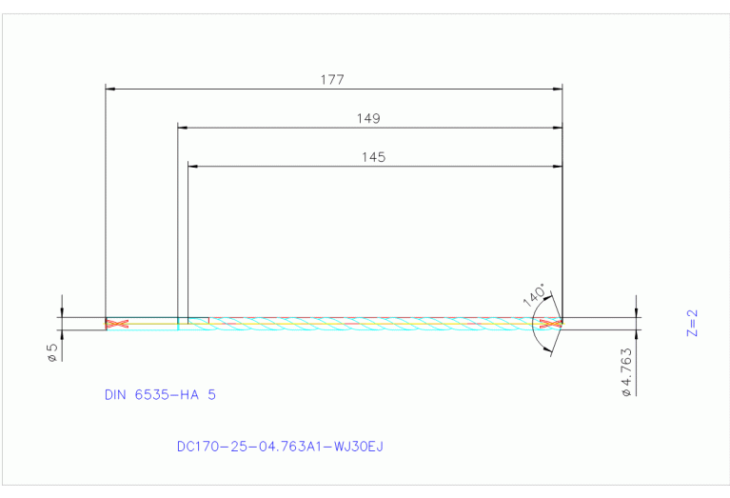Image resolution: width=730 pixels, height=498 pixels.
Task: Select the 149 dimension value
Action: click(x=368, y=119)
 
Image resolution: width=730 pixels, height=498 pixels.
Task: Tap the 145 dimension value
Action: click(x=373, y=157)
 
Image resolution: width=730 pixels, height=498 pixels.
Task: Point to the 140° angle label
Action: click(x=534, y=294)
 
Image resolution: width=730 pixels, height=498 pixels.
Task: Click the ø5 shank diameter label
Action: click(x=52, y=351)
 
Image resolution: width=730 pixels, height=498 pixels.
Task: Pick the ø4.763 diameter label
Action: click(x=626, y=374)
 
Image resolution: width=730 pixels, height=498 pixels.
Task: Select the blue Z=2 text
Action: click(x=693, y=323)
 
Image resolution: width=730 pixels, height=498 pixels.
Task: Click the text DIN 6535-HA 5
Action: click(x=160, y=394)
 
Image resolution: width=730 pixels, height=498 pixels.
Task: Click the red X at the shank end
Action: click(x=116, y=325)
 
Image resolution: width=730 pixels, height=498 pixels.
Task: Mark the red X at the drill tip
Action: click(x=548, y=325)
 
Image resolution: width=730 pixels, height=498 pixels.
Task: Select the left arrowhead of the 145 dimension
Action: click(x=193, y=166)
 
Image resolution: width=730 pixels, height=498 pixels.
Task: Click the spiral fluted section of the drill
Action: click(x=371, y=325)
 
